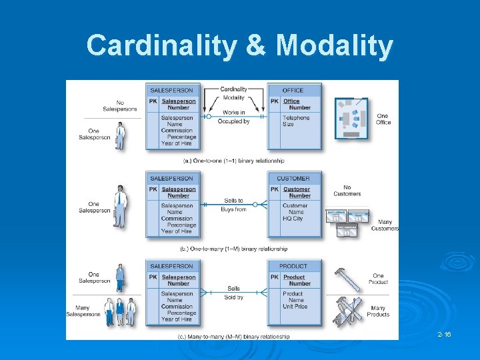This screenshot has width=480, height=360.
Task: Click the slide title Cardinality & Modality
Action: coord(240,46)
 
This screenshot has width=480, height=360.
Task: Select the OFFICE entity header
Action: coord(293,90)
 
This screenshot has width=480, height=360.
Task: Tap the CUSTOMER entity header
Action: coord(293,178)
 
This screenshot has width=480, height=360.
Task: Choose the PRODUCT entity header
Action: coord(293,267)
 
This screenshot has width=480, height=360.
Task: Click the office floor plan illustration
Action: coord(351,118)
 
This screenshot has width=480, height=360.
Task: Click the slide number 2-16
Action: coord(444,333)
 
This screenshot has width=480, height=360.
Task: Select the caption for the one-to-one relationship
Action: coord(233,161)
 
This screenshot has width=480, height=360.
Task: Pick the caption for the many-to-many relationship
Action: coord(233,337)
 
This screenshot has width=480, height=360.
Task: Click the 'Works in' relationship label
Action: coord(234,112)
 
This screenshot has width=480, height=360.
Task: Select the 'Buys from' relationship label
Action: coord(233,209)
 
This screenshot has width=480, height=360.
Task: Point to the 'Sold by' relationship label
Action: coord(233,297)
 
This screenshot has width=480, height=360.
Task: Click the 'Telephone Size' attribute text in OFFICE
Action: coord(296,121)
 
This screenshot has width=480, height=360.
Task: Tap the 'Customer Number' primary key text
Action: coord(297,193)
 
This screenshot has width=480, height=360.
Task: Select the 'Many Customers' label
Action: coord(385,225)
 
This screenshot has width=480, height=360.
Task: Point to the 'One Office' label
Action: coord(383,119)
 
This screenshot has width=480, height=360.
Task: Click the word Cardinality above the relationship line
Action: coord(233,89)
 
